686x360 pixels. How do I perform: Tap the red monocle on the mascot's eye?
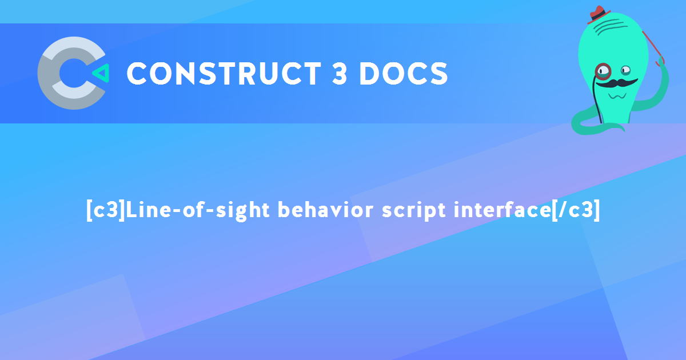point(603,71)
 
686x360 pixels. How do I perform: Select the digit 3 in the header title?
point(338,74)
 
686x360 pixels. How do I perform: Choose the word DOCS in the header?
point(404,74)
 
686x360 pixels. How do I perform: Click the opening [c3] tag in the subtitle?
point(105,210)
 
